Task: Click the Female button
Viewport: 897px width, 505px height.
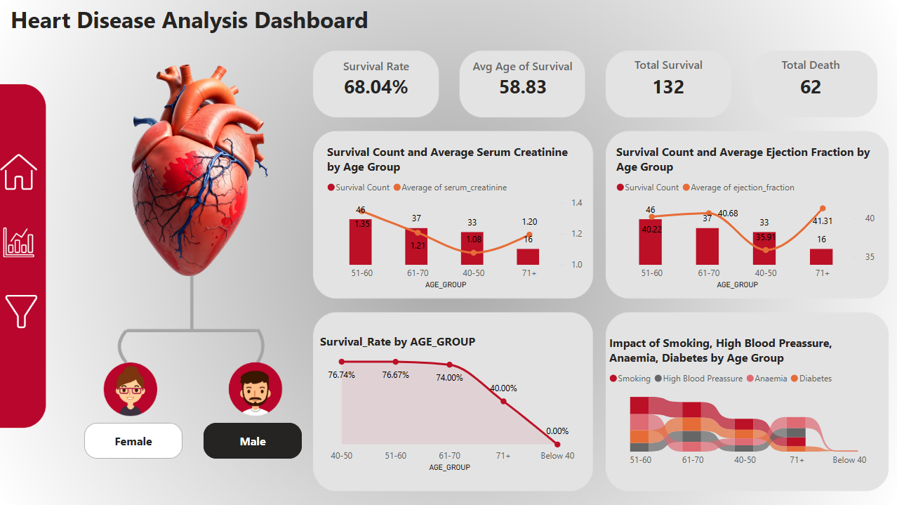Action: (133, 441)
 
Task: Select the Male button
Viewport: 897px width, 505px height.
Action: (253, 441)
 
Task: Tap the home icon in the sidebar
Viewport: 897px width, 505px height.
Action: (20, 172)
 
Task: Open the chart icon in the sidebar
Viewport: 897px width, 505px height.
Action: (19, 242)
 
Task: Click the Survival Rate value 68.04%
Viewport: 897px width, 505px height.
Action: (376, 87)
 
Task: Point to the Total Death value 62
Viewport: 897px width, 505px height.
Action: (810, 87)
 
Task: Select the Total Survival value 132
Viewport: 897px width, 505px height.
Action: (667, 87)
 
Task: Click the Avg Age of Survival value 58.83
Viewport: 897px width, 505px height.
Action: (522, 87)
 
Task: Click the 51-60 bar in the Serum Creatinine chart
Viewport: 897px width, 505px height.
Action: (360, 242)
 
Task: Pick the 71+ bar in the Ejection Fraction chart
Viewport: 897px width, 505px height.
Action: (821, 256)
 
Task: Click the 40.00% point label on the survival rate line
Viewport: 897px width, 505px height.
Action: (503, 388)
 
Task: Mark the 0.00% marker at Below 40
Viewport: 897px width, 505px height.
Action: (557, 444)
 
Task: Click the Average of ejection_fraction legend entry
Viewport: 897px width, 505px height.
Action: (743, 188)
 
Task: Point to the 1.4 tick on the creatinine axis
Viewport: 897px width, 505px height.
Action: (576, 203)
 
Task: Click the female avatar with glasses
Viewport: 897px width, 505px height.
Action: (131, 390)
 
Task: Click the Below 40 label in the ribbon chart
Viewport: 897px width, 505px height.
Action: (849, 460)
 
